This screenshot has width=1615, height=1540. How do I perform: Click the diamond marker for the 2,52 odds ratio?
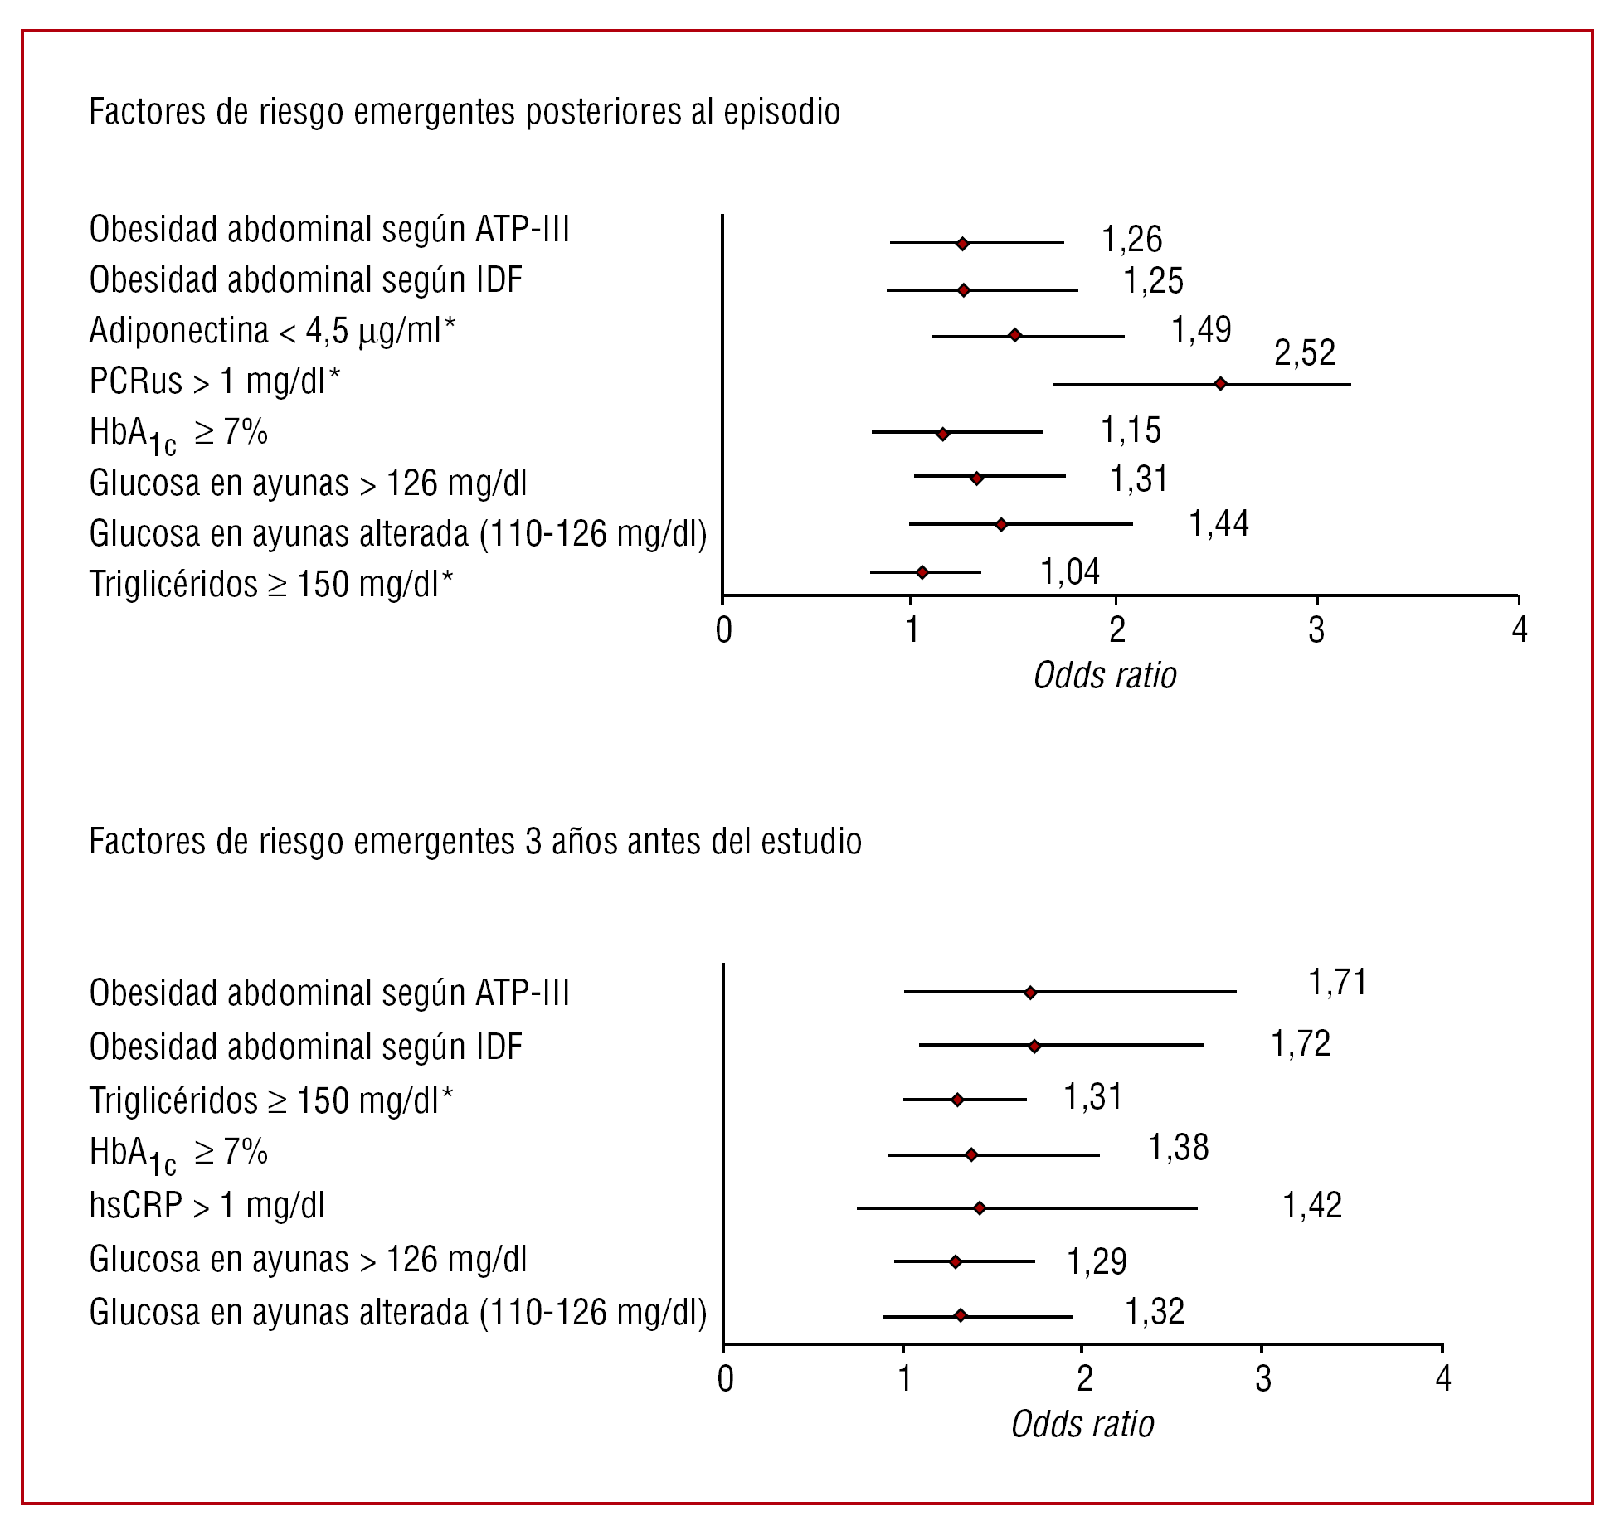click(1220, 384)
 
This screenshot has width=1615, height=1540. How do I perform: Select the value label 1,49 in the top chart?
click(1200, 330)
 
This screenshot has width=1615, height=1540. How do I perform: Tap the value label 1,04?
click(1070, 572)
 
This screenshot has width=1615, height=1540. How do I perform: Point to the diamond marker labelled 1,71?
click(1030, 993)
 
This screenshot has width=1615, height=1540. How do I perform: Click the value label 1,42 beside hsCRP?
click(1311, 1206)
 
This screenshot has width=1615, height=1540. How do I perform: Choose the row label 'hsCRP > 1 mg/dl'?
click(207, 1206)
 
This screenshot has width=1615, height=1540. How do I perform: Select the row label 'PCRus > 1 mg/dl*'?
click(215, 381)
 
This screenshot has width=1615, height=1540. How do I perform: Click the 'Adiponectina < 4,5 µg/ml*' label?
click(272, 331)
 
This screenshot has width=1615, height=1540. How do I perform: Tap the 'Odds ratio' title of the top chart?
click(1105, 676)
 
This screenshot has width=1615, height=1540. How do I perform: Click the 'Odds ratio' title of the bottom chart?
click(1082, 1425)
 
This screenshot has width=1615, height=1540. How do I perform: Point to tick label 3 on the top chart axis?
click(1316, 630)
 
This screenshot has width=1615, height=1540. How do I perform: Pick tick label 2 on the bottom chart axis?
click(1084, 1378)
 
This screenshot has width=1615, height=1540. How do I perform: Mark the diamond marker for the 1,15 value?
click(942, 434)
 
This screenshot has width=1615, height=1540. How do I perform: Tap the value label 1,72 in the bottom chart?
click(1300, 1044)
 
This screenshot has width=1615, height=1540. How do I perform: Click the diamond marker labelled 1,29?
click(956, 1261)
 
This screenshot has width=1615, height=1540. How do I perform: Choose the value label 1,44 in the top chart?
click(1219, 524)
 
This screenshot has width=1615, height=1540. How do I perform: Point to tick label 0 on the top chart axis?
click(723, 630)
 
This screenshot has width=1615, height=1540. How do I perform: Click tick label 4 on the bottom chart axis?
click(1443, 1378)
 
